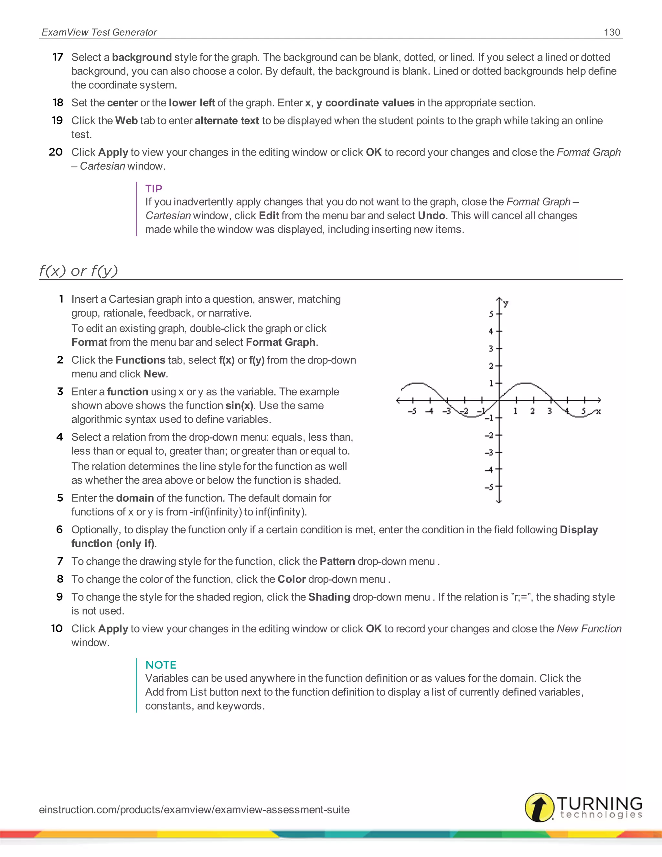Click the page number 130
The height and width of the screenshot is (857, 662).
(x=612, y=32)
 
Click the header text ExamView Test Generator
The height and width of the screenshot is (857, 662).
(x=99, y=32)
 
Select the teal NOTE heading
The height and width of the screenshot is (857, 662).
(x=161, y=665)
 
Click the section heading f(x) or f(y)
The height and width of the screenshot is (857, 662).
(x=79, y=271)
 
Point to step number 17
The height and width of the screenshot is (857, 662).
(x=58, y=57)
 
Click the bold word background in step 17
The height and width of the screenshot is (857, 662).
(x=142, y=57)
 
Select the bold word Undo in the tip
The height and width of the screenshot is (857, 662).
(x=432, y=215)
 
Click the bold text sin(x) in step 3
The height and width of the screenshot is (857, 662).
(x=239, y=405)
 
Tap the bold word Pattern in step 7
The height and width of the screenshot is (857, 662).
(x=337, y=561)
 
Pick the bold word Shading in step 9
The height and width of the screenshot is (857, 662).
(x=329, y=597)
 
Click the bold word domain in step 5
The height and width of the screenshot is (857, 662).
(x=134, y=498)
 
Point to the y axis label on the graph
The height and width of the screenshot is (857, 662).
(x=506, y=303)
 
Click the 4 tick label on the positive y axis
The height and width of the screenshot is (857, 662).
(x=491, y=331)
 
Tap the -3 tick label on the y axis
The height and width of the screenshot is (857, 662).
(x=489, y=452)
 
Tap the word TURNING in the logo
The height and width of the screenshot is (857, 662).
(x=599, y=803)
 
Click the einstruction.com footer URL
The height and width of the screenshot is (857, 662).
(x=194, y=809)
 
